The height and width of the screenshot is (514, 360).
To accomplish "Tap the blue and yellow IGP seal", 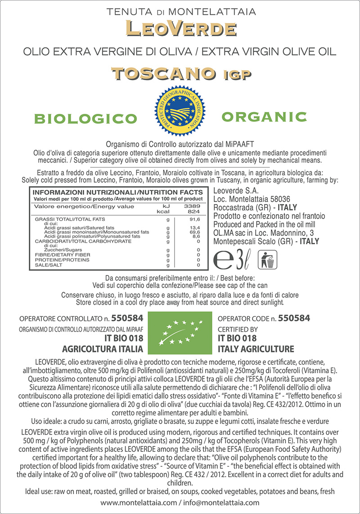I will click(180, 109).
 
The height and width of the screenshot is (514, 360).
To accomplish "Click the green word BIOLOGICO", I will click(85, 119).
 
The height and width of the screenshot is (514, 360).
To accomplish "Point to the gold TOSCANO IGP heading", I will click(180, 73).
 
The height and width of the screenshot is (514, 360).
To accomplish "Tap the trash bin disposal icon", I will click(267, 260).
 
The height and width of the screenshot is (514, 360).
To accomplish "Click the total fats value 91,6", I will click(195, 220).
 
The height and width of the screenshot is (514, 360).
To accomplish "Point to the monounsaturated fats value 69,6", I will click(195, 232).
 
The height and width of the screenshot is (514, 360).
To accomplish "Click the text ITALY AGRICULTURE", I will click(256, 349).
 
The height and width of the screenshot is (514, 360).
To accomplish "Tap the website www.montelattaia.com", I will click(138, 502).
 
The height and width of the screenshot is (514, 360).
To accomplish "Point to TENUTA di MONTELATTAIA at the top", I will click(180, 10).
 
